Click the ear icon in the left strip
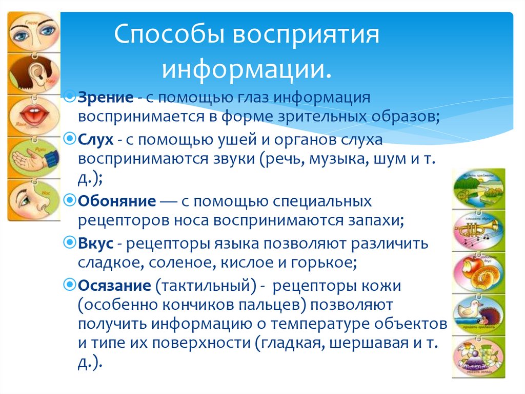coord(32,72)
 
